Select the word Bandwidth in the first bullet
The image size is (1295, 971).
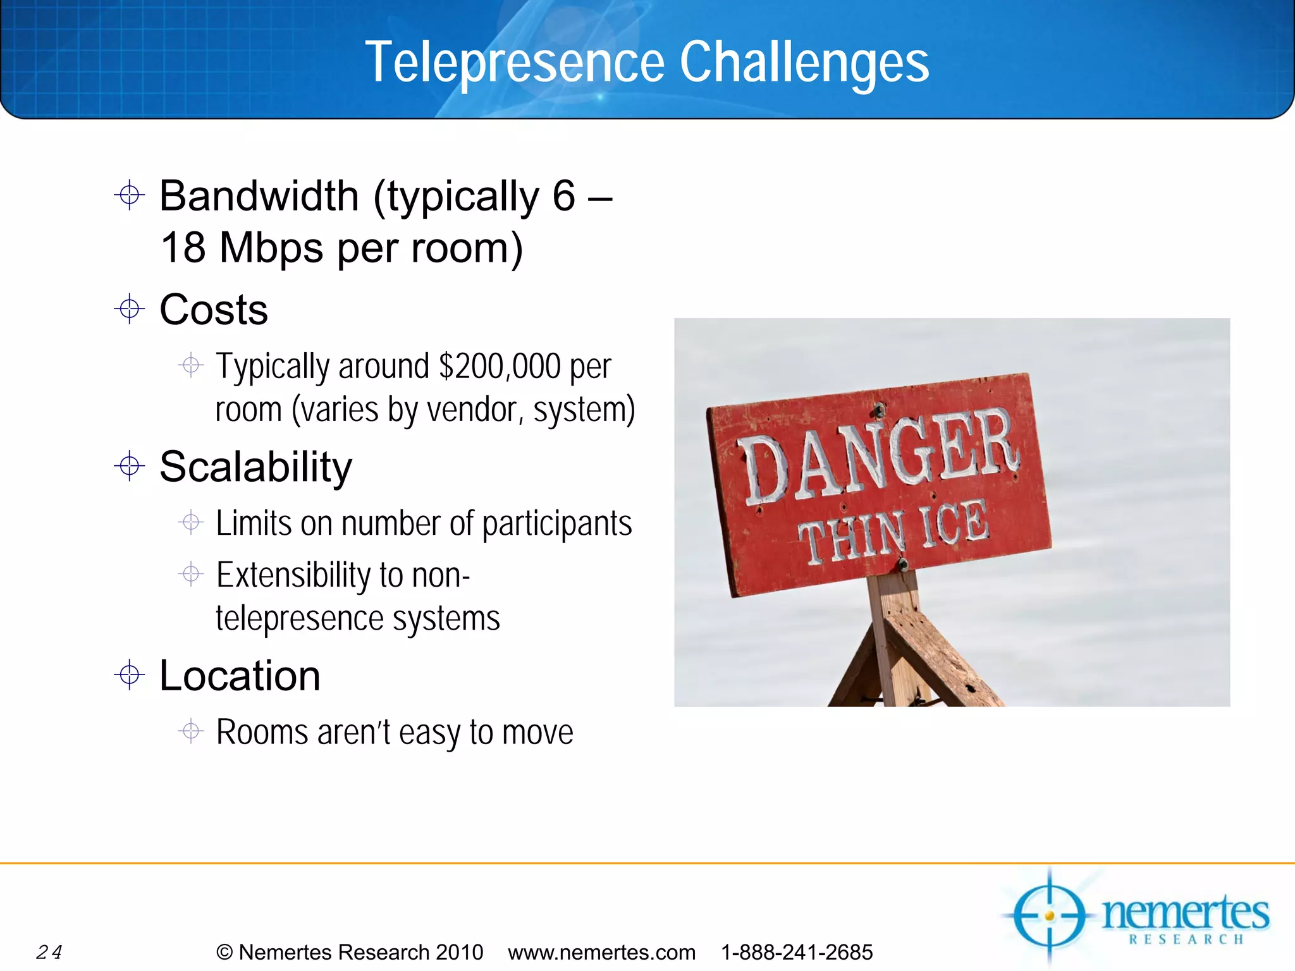[259, 196]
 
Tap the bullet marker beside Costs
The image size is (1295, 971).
[130, 309]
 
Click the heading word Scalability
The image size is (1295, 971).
[255, 467]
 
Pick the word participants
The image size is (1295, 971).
[556, 523]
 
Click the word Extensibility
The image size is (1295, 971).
[293, 575]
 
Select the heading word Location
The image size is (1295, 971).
[240, 676]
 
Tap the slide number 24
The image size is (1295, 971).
[49, 951]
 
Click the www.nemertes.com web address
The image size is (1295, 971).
[601, 952]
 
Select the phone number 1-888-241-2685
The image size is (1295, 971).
[797, 952]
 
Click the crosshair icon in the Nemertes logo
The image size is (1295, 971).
[1049, 915]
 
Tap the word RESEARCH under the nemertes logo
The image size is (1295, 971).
[1186, 939]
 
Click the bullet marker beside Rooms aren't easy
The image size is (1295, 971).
[190, 731]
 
